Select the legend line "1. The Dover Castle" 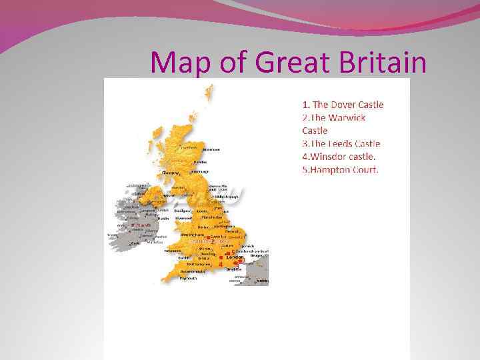coord(343,104)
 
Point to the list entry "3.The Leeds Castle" coord(341,143)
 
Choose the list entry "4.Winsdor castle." coord(339,157)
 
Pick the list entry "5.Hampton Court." coord(340,169)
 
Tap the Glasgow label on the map coord(172,172)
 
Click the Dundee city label coord(200,162)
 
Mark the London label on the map coord(235,257)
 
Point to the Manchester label coord(211,217)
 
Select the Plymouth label coord(189,278)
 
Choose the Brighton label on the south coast coord(233,269)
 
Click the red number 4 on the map coord(220,264)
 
